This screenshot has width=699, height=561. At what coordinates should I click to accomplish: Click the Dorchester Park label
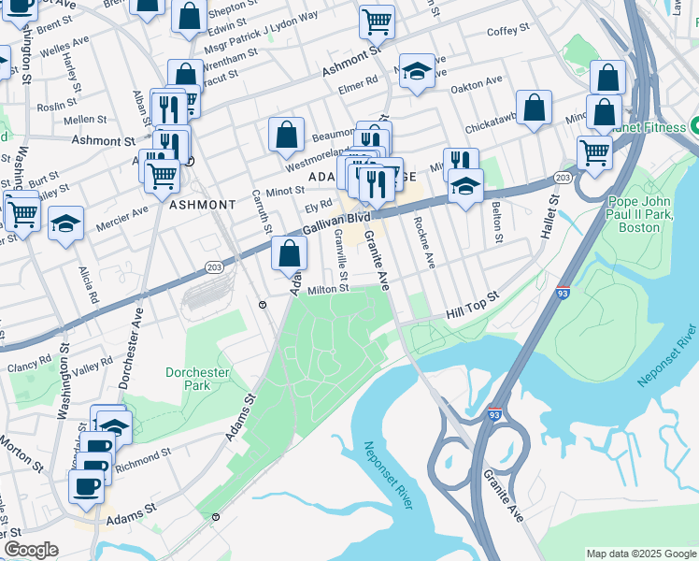point(197,379)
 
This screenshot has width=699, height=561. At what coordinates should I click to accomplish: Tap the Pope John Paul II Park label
point(646,214)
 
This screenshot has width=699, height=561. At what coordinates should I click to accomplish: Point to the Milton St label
point(328,289)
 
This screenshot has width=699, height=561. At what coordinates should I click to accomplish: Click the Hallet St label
point(548,215)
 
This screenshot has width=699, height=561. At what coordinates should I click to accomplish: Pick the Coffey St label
point(508,31)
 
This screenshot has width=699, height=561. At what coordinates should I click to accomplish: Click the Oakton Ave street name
point(477,84)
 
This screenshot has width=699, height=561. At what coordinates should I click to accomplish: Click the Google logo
point(31,550)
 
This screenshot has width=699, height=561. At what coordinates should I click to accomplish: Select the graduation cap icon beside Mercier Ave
point(65,223)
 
